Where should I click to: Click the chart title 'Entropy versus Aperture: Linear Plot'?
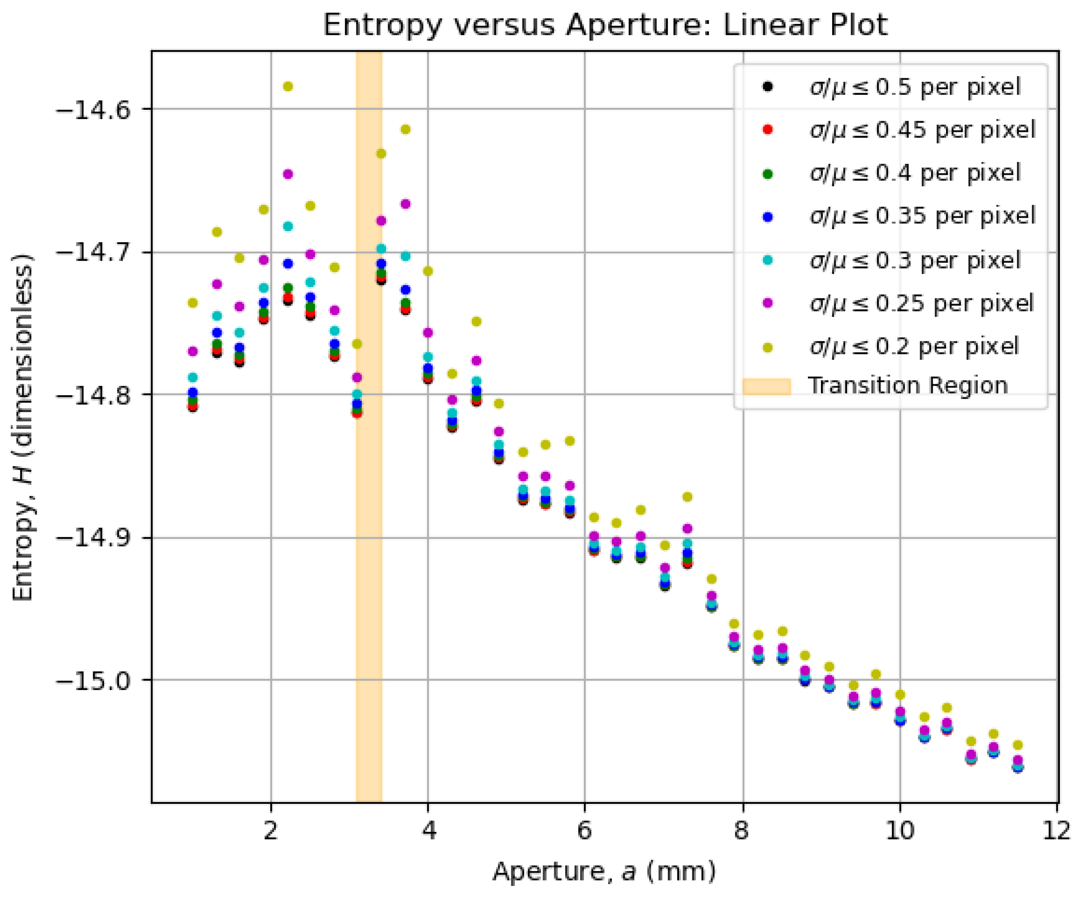point(605,25)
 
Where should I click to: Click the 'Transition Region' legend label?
point(908,386)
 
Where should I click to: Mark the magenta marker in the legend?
point(767,303)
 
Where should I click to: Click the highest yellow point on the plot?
point(288,87)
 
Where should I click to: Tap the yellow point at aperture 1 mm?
point(192,303)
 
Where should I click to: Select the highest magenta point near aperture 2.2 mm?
point(288,174)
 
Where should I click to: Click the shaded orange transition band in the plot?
point(369,516)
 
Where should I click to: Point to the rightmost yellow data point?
point(1017,745)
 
